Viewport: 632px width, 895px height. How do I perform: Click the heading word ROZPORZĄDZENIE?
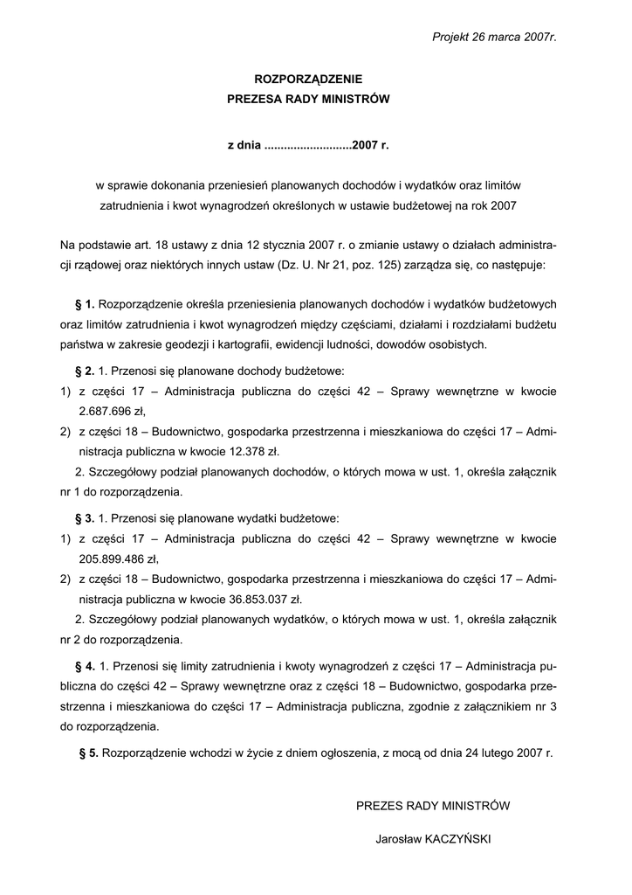coord(307,80)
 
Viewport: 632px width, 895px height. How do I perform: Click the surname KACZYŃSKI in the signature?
coord(458,839)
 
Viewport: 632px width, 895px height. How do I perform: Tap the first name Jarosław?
coord(397,839)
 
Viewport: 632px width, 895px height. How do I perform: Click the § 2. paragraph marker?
coord(86,371)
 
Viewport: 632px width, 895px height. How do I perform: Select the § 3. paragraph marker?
coord(86,518)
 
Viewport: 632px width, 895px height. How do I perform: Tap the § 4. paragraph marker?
coord(86,666)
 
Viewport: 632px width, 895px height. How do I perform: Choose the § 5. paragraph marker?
coord(88,752)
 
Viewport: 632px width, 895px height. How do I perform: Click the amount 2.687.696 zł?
coord(112,412)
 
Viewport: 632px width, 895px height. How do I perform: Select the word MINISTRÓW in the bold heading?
coord(353,100)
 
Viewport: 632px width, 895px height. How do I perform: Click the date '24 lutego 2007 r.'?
coord(509,752)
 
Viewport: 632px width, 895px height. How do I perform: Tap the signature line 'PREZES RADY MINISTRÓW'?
coord(433,806)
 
